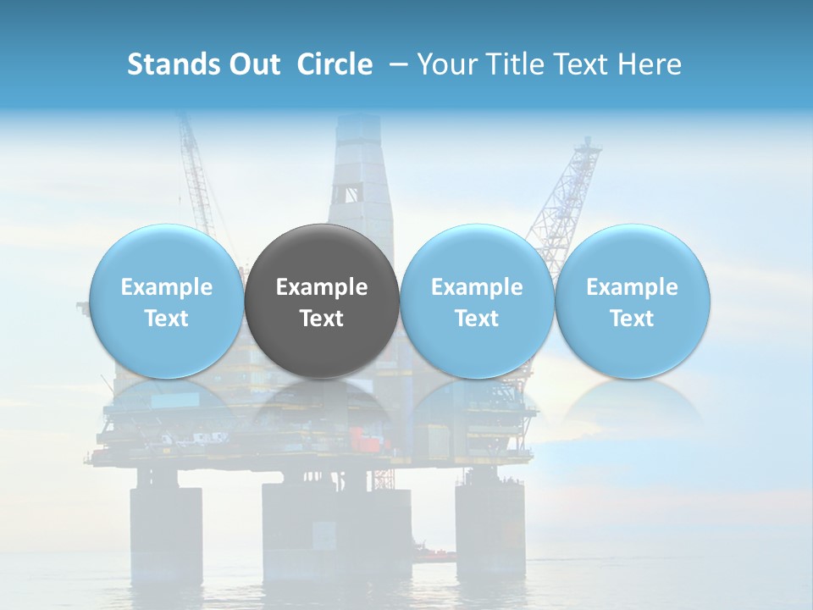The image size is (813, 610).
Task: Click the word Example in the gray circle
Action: coord(322,287)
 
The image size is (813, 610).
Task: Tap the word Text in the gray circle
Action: coord(322,319)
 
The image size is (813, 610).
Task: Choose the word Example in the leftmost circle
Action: coord(167,287)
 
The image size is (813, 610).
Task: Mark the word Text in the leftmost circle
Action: coord(167,319)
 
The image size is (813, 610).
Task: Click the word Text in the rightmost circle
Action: coord(632,319)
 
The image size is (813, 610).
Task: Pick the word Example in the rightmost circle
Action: coord(632,287)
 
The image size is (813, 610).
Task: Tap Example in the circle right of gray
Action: coord(477,287)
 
